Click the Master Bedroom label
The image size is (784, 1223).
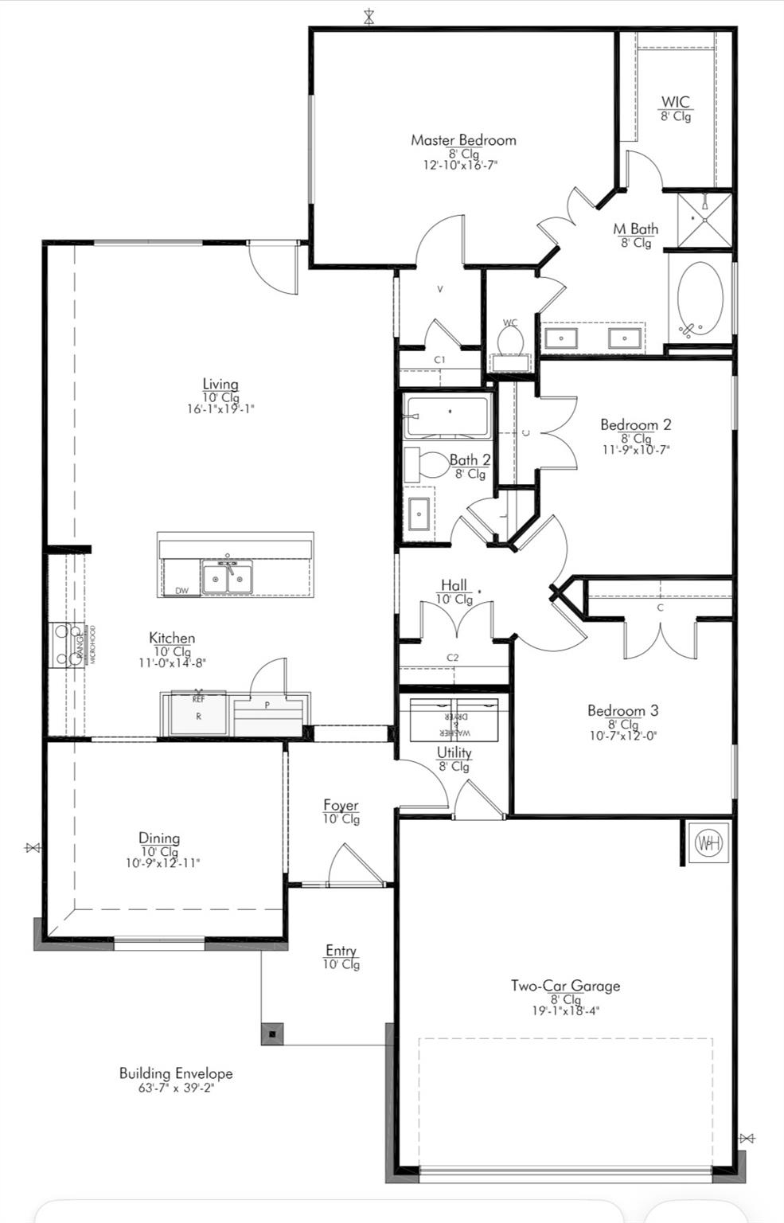point(463,140)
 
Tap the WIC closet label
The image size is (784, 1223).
point(675,102)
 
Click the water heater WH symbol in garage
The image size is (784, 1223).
point(708,843)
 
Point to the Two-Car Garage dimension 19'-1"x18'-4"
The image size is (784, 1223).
point(565,1011)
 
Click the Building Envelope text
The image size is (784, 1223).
point(175,1073)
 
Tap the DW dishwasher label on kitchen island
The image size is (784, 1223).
point(181,591)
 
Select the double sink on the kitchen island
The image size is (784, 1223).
point(228,578)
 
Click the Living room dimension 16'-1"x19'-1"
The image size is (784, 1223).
point(220,409)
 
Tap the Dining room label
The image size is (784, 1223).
point(159,838)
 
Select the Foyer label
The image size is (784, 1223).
point(341,805)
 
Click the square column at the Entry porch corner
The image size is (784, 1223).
point(272,1033)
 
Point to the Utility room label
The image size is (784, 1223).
point(454,752)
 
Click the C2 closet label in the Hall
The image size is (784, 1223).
point(452,658)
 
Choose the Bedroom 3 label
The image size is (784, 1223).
point(622,710)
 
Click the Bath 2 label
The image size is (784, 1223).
point(470,459)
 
